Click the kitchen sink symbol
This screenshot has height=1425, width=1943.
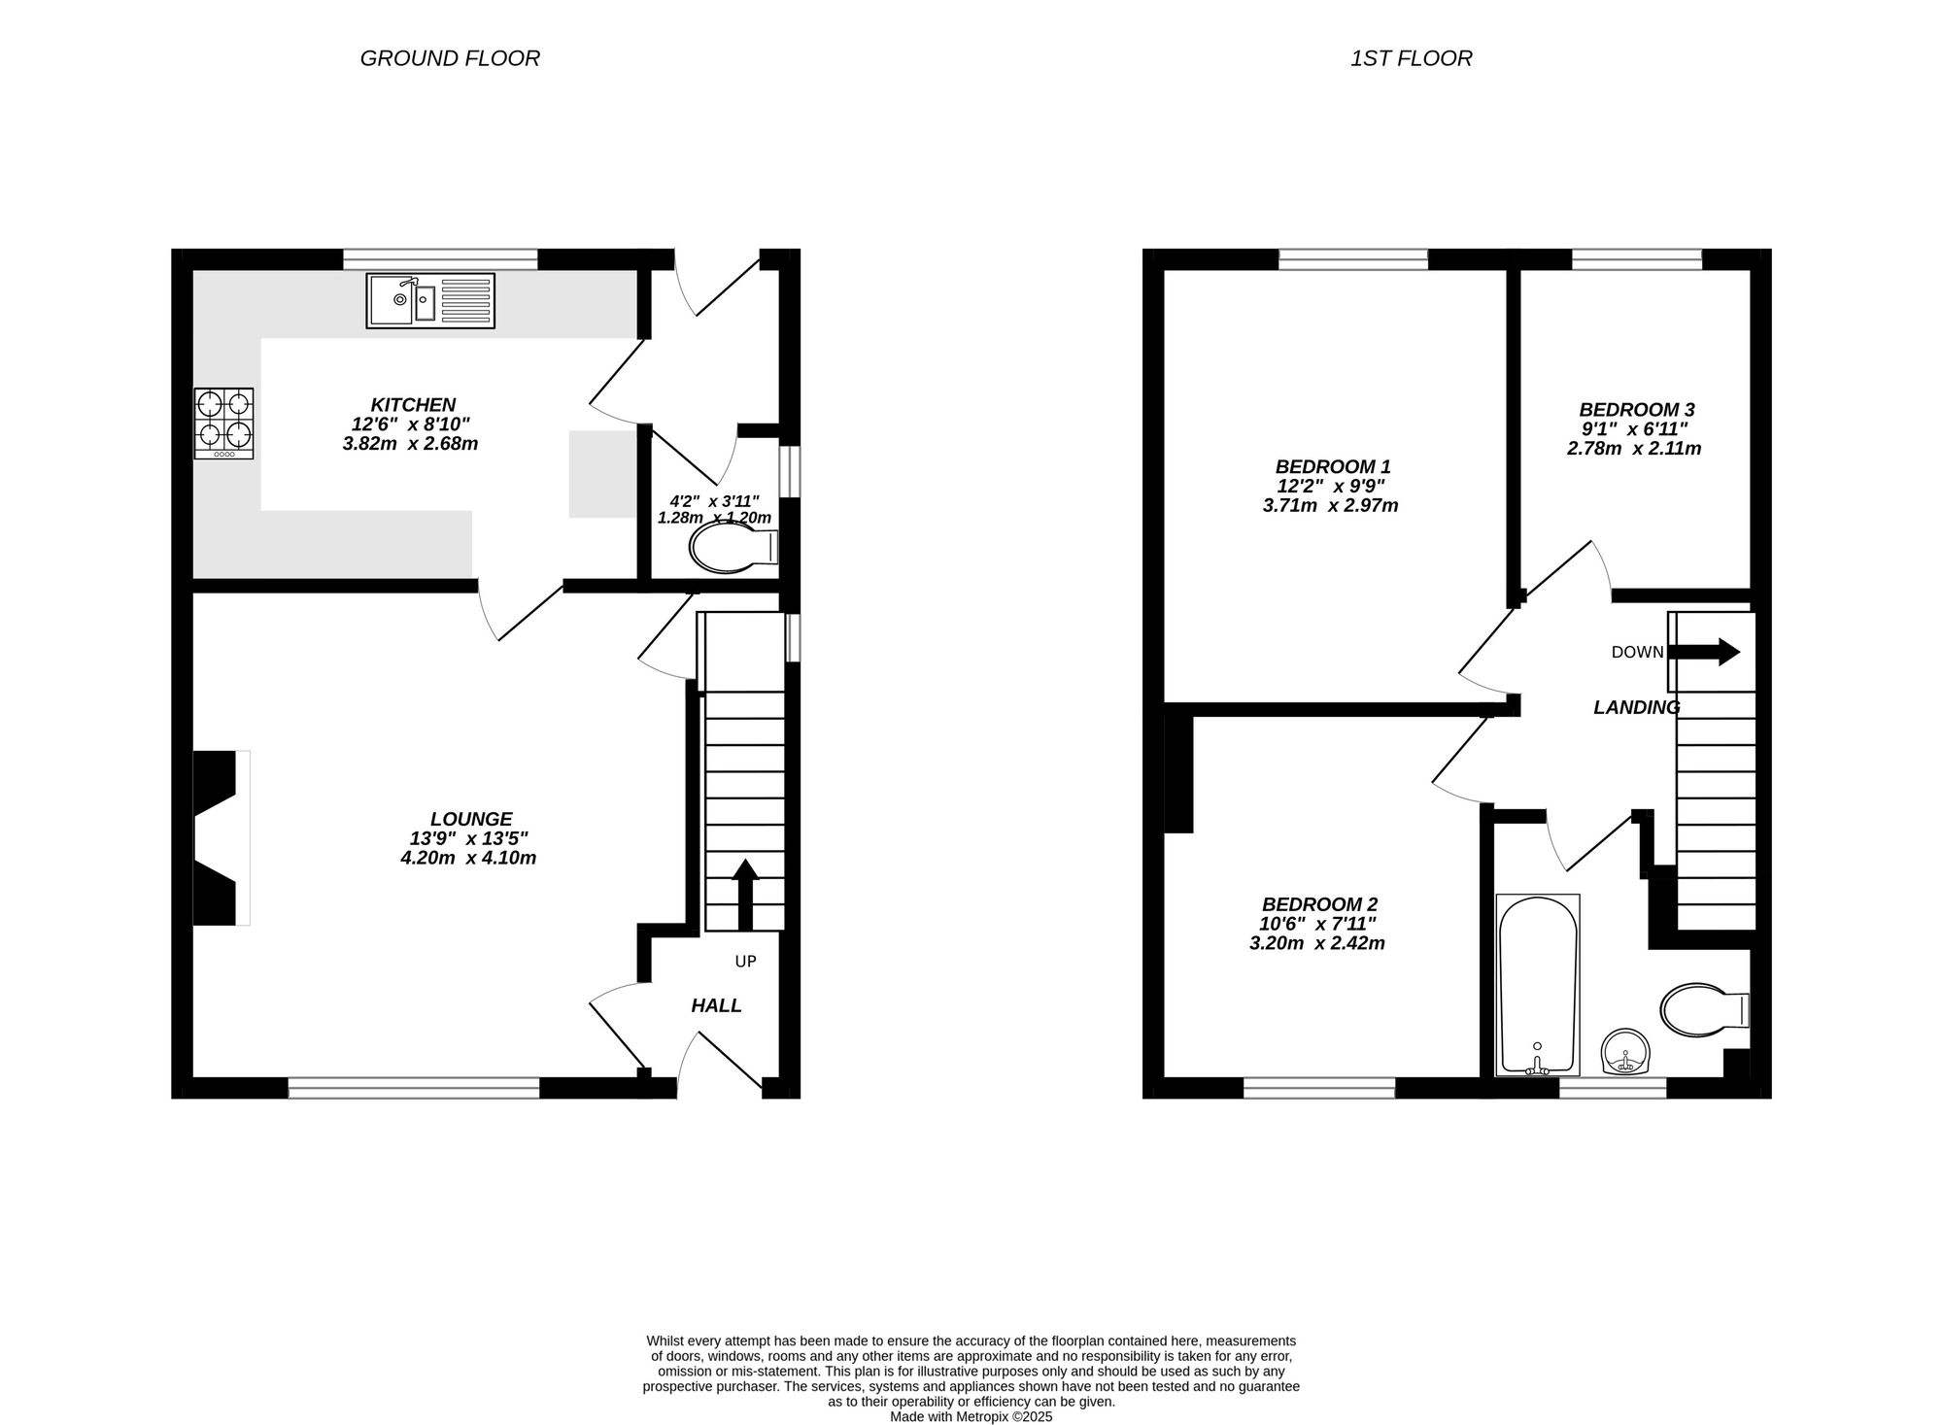pos(429,300)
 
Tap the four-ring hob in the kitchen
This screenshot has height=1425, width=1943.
pos(224,423)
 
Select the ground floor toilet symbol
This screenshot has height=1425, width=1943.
pos(731,550)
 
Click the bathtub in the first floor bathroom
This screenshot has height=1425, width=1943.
pos(1537,984)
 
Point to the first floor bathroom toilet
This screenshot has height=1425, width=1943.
pos(1703,1010)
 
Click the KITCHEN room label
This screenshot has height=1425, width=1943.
pos(413,405)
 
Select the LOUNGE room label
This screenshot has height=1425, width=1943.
pos(471,819)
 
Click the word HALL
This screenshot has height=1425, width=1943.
pos(716,1006)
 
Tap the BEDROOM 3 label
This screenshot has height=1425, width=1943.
pos(1636,410)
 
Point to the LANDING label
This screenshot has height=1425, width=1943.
pos(1636,708)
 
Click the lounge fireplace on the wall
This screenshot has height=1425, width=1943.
pos(219,837)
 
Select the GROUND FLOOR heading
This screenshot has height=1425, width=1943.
pos(450,58)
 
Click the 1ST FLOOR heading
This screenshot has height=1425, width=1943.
pos(1411,58)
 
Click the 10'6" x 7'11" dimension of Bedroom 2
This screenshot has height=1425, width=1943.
pos(1318,924)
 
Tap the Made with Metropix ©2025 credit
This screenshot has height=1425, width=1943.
pos(971,1416)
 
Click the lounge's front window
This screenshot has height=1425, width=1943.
pos(414,1088)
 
